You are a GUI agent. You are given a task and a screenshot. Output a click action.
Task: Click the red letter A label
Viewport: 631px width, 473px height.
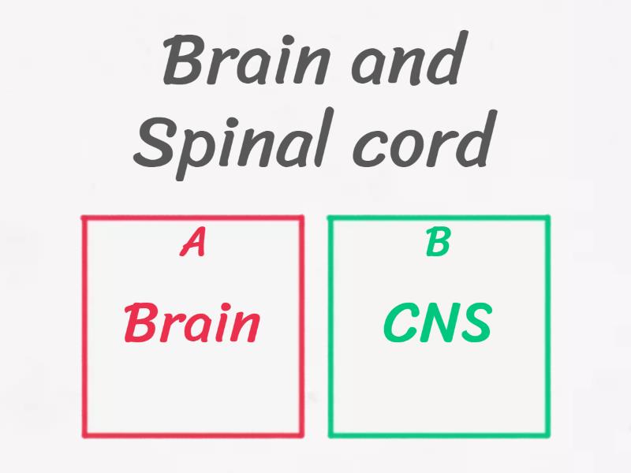pyautogui.click(x=193, y=244)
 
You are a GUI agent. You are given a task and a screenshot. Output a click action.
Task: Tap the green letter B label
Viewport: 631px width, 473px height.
pyautogui.click(x=438, y=244)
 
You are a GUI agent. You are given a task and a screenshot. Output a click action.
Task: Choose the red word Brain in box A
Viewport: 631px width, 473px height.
pyautogui.click(x=192, y=323)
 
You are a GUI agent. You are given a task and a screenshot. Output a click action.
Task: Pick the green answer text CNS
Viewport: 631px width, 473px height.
pyautogui.click(x=438, y=323)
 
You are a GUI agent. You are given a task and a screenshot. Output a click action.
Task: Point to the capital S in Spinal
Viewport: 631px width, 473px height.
pyautogui.click(x=153, y=142)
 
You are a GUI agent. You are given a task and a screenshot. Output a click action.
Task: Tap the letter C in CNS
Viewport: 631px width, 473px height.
pyautogui.click(x=401, y=323)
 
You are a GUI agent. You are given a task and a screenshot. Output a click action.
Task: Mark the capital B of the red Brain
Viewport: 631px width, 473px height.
pyautogui.click(x=141, y=323)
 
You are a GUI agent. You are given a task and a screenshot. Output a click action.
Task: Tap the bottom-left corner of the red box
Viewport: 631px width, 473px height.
pyautogui.click(x=84, y=434)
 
